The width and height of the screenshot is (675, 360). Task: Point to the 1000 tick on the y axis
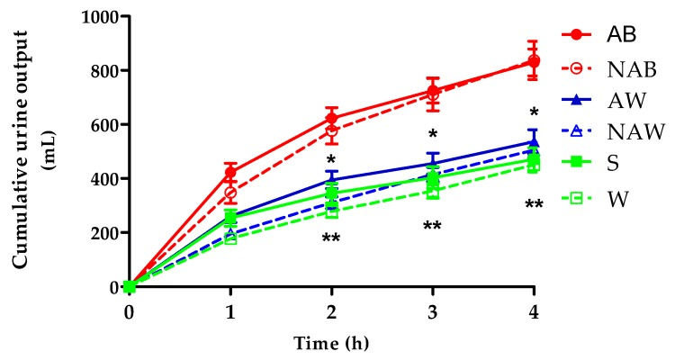[102, 17]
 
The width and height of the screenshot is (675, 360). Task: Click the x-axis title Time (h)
[331, 343]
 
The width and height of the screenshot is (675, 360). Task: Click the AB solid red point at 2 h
[332, 118]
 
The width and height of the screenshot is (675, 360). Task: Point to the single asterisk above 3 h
[433, 135]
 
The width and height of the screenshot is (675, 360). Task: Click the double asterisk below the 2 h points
[332, 238]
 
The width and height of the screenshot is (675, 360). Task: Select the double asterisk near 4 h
[534, 205]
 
